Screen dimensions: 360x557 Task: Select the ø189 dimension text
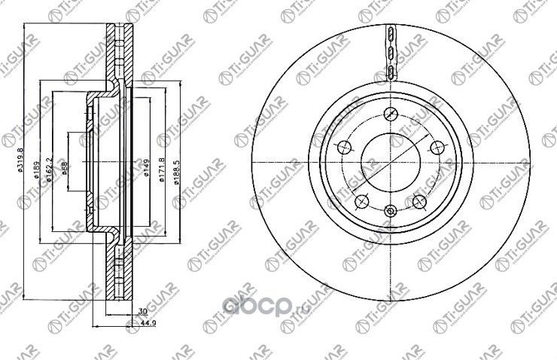pos(36,176)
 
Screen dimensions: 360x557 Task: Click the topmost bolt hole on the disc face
pos(390,114)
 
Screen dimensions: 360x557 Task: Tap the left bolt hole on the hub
pos(345,148)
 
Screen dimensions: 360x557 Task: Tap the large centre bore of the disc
pos(390,161)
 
